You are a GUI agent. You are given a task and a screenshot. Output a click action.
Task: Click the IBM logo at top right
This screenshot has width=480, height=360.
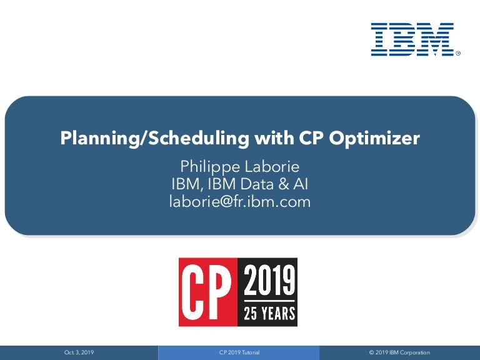coord(412,39)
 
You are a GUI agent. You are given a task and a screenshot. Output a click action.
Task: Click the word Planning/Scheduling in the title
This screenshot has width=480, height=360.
coord(154,138)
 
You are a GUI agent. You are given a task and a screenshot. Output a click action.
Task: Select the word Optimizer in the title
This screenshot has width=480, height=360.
coord(374,138)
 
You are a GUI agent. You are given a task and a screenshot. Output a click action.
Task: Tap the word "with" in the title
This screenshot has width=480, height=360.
coord(274,137)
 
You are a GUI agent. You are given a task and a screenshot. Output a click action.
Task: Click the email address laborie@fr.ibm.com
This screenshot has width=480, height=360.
coord(240,202)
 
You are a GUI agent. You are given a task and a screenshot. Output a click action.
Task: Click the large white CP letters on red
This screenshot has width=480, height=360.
coord(206,292)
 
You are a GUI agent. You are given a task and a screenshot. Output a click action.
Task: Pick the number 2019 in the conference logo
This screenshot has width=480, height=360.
coord(269,280)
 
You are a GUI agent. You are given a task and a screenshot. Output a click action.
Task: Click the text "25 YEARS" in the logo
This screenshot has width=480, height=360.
coord(269,313)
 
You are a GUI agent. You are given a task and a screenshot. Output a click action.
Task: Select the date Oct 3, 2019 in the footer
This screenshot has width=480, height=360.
coord(79,352)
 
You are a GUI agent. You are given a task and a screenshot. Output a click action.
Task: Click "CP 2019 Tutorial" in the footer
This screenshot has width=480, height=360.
coord(239,352)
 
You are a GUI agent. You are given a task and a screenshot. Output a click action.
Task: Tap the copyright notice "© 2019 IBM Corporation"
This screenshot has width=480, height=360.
coord(399,352)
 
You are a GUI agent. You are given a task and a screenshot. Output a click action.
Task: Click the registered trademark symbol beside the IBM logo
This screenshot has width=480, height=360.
coord(458,53)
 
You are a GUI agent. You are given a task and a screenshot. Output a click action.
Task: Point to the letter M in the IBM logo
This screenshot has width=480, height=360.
coord(434,39)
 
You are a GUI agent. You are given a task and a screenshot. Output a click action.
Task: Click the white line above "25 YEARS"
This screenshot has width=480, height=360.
coord(269,301)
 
